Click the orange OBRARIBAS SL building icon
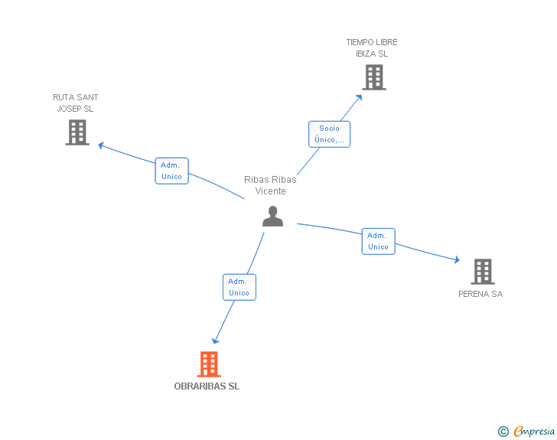(209, 364)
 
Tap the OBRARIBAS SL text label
(207, 386)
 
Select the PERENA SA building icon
(482, 271)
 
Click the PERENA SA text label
(480, 294)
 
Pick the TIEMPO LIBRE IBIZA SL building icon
(373, 77)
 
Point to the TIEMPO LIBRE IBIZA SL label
(372, 48)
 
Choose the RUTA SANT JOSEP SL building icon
(77, 132)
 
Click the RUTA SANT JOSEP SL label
(75, 103)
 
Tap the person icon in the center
(272, 217)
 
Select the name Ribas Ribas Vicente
(270, 185)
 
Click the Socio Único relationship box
(330, 134)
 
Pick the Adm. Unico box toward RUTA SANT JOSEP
(171, 171)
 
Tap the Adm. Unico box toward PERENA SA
(378, 241)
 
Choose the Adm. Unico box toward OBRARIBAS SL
(239, 287)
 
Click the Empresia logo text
(534, 431)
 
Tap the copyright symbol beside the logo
(503, 432)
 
